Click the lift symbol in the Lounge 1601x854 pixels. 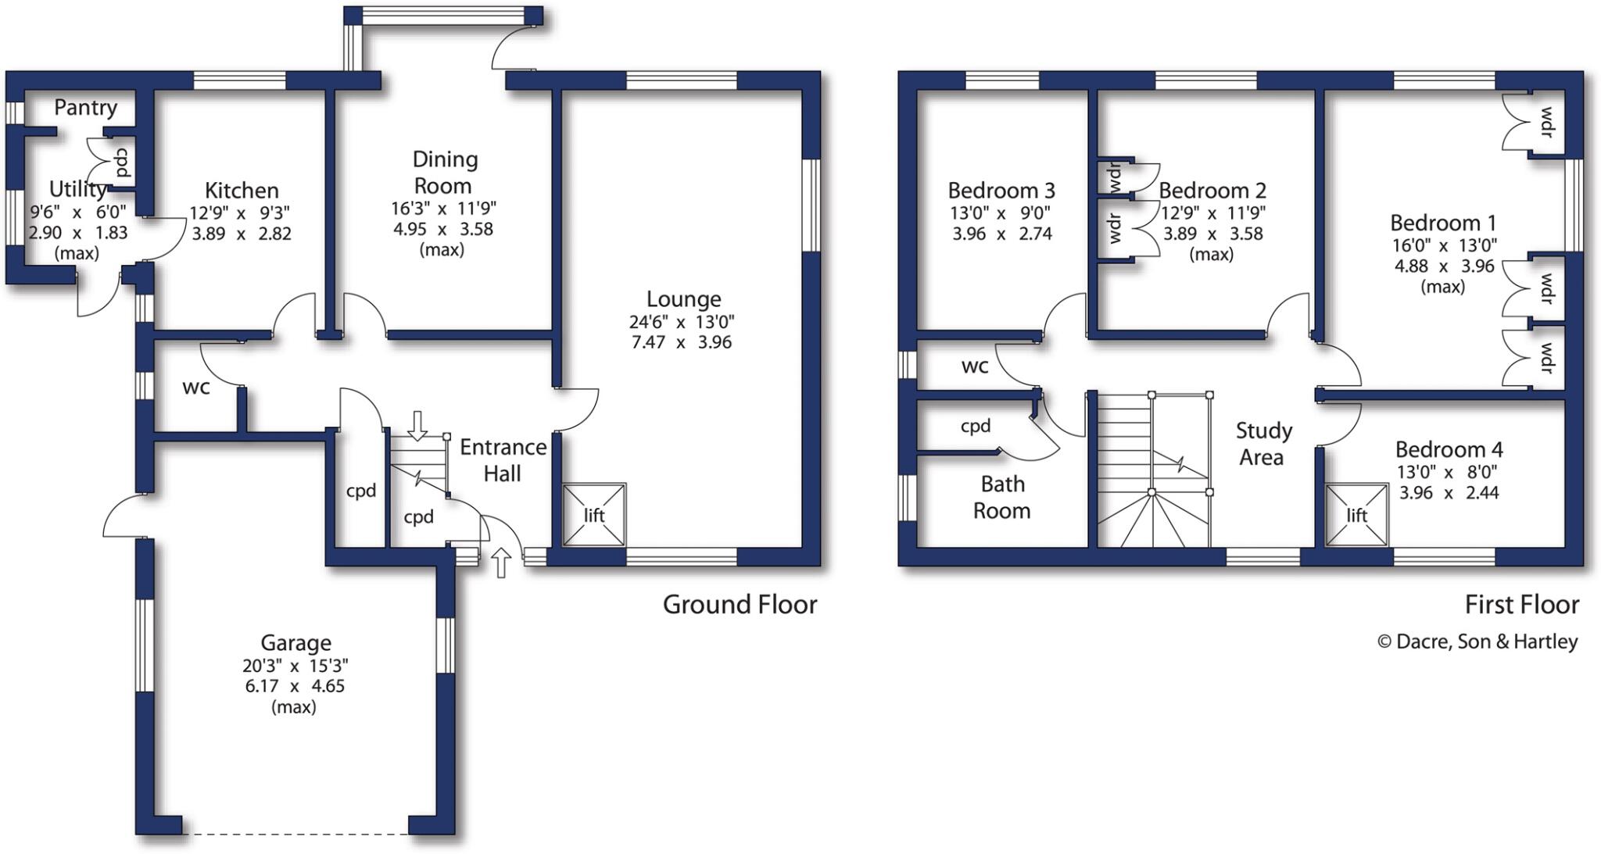594,515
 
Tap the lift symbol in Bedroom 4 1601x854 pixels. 1356,516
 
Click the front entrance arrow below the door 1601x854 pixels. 501,563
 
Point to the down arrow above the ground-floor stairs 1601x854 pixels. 417,425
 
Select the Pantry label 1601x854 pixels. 85,108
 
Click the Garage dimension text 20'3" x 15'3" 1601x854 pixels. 295,666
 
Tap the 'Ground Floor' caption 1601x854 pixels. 740,605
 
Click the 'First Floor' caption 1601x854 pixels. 1521,605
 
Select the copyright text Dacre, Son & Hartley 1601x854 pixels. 1477,641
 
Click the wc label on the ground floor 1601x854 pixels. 195,387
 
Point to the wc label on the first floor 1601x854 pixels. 974,366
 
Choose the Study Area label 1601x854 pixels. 1263,443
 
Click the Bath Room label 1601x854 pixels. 1001,497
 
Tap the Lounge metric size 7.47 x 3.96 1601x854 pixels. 681,342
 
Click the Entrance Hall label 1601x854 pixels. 503,459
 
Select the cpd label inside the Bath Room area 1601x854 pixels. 975,426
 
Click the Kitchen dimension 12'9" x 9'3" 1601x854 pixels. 240,213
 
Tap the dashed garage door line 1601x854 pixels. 295,834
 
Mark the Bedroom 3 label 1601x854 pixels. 1001,191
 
